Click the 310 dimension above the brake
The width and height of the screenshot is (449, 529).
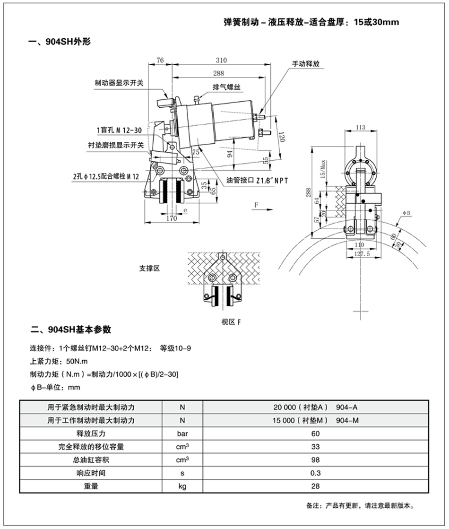point(221,60)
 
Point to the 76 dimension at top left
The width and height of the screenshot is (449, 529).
point(160,60)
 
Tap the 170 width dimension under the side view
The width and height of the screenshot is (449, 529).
point(172,218)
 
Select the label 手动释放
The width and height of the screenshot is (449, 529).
point(306,64)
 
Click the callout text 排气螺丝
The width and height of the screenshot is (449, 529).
point(226,87)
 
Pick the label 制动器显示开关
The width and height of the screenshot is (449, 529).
point(119,83)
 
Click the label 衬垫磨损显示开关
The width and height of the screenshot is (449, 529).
point(116,146)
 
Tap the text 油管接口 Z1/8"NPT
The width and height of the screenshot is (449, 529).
point(257,181)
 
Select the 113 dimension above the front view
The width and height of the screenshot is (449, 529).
point(360,128)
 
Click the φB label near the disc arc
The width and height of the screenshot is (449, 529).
point(406,213)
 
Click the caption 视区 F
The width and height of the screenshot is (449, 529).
point(231,322)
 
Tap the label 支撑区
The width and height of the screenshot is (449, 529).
point(149,269)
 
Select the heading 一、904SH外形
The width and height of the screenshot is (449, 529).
point(60,42)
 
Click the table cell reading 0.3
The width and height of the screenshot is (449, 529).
point(315,473)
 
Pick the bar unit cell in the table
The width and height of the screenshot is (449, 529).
point(182,434)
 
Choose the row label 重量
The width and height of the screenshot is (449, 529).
point(91,486)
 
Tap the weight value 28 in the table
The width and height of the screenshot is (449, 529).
point(315,486)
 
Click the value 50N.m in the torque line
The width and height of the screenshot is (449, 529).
point(77,361)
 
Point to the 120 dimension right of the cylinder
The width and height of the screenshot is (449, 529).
point(282,137)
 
